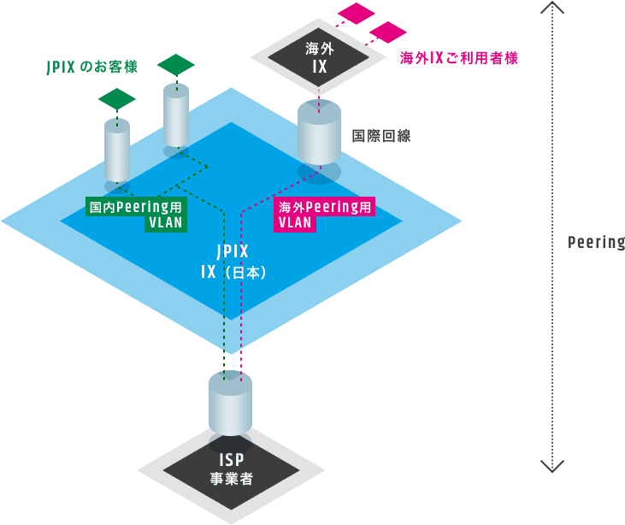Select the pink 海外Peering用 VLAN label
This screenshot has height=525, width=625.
325,215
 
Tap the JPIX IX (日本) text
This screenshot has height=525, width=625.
231,262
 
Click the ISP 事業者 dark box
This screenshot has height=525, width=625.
231,469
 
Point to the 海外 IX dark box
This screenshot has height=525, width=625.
318,56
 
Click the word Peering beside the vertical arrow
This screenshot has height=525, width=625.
596,242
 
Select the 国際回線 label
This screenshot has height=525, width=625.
380,136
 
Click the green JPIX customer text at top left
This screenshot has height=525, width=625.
91,67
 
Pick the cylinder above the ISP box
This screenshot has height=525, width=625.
231,404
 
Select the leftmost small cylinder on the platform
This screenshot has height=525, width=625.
117,151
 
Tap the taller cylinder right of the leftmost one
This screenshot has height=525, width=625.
176,115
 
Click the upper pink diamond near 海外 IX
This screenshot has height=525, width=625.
357,14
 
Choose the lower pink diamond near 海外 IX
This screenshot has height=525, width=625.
388,32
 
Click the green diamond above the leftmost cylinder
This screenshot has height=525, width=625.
117,99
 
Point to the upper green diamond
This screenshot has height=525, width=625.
175,64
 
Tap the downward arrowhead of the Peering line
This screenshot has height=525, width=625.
553,467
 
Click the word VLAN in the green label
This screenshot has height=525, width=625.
165,222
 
